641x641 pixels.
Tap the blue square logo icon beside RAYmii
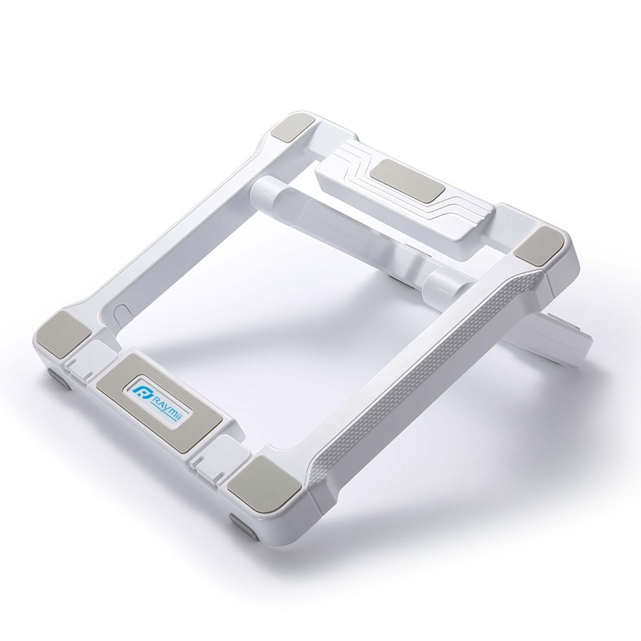pos(143,391)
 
